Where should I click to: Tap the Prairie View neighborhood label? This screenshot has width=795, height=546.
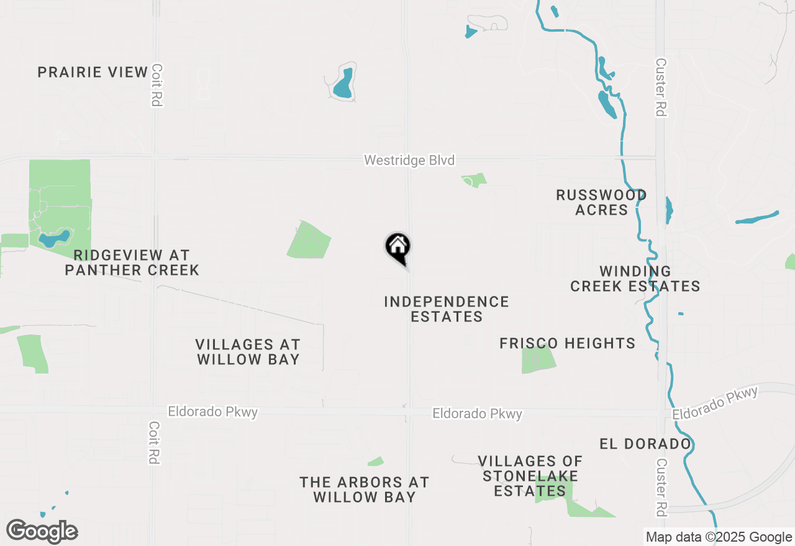pyautogui.click(x=93, y=72)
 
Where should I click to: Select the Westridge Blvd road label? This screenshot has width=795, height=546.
pyautogui.click(x=409, y=161)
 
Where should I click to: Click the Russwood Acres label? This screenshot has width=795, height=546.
pyautogui.click(x=601, y=202)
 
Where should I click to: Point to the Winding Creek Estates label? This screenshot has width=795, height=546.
pyautogui.click(x=635, y=279)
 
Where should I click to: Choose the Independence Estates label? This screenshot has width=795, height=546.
pyautogui.click(x=447, y=309)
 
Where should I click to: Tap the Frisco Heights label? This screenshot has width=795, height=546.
pyautogui.click(x=567, y=343)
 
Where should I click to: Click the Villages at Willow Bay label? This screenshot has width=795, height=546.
pyautogui.click(x=248, y=352)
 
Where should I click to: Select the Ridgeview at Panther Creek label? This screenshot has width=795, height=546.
pyautogui.click(x=132, y=262)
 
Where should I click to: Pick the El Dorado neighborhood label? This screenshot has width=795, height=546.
pyautogui.click(x=645, y=444)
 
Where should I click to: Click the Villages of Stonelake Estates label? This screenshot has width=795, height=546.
pyautogui.click(x=530, y=477)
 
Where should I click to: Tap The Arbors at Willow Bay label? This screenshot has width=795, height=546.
pyautogui.click(x=365, y=490)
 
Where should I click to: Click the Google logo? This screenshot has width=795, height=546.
pyautogui.click(x=42, y=531)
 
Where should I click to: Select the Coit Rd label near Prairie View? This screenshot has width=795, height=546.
pyautogui.click(x=157, y=85)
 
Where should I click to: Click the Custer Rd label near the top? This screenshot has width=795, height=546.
pyautogui.click(x=660, y=87)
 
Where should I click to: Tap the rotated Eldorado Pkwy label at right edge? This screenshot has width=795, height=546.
pyautogui.click(x=715, y=404)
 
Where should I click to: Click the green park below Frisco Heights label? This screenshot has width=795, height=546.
pyautogui.click(x=538, y=360)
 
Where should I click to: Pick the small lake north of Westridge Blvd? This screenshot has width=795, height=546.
pyautogui.click(x=343, y=84)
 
